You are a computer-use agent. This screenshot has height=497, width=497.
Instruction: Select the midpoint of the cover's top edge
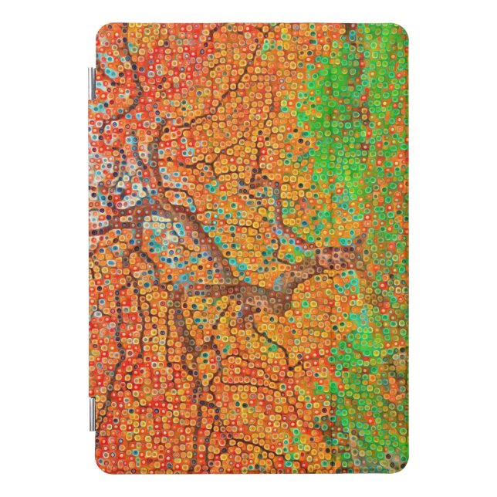point(252,25)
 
